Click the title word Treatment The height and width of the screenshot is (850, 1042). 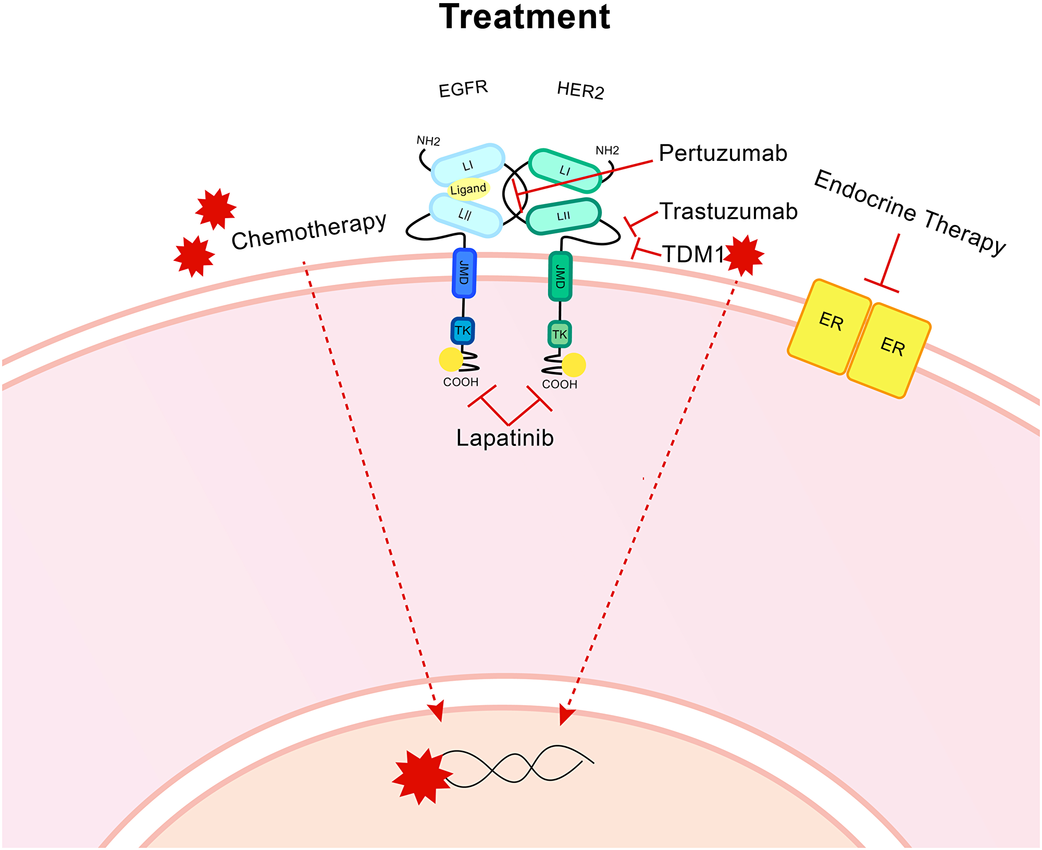coord(524,17)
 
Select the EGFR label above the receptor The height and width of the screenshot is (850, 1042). coord(463,89)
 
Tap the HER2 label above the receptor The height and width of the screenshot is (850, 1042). coord(580,91)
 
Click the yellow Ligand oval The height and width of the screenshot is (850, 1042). coord(468,189)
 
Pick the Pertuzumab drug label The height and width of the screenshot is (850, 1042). coord(723,154)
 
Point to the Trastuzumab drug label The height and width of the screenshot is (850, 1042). coord(728,211)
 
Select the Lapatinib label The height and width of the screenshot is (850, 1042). coord(505,438)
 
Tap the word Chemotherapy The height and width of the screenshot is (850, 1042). coord(309,231)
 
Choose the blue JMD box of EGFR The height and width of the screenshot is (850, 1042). coord(464,273)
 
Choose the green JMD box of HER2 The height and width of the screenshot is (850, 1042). coord(561,277)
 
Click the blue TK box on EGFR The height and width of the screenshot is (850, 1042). coord(463,331)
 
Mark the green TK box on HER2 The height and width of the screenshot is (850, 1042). coord(560,334)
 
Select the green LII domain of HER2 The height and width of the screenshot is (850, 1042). coord(563,216)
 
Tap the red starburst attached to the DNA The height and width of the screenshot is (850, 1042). coord(421,776)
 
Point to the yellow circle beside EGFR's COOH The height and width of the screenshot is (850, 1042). coord(451,359)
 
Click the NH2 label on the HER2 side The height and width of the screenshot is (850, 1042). coord(607,151)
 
